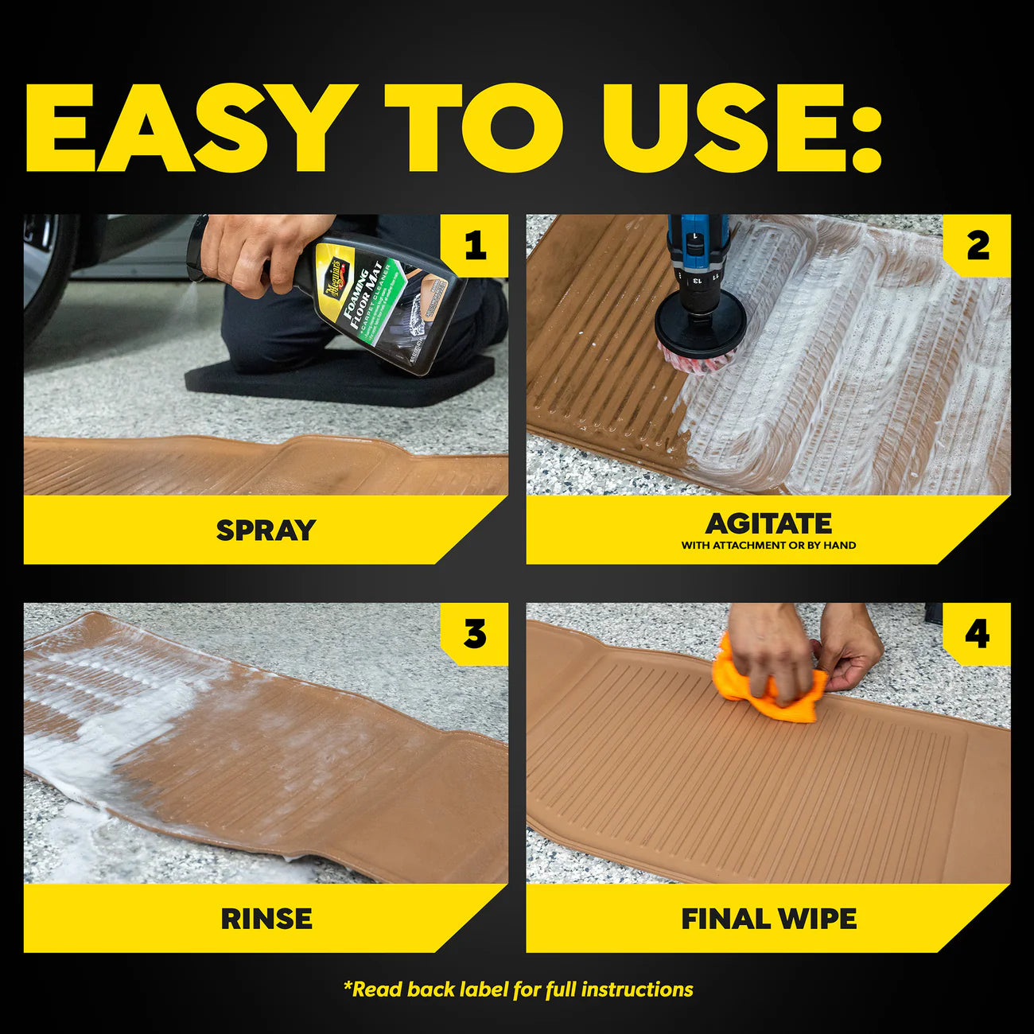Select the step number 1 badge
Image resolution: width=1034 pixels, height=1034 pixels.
(475, 245)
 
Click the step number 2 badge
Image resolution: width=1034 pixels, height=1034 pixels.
(978, 245)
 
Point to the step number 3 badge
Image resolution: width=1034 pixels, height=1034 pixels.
(475, 634)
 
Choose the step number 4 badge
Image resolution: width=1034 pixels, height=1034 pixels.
(978, 634)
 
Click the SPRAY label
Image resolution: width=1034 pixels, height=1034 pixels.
(266, 530)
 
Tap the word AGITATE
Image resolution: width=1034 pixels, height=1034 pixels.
(768, 523)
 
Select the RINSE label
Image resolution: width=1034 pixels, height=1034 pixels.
(266, 919)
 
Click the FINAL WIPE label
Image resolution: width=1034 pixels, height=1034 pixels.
(768, 919)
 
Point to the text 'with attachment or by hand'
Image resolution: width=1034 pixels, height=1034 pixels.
(768, 546)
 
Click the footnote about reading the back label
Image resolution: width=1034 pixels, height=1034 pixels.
(518, 989)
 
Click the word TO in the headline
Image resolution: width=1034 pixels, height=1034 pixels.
(473, 127)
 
